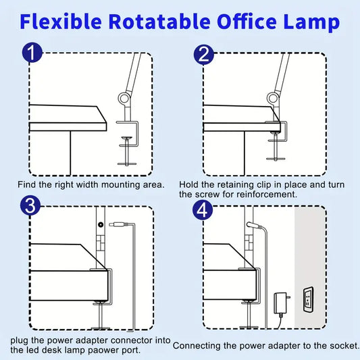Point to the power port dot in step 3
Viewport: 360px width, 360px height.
(x=101, y=224)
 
